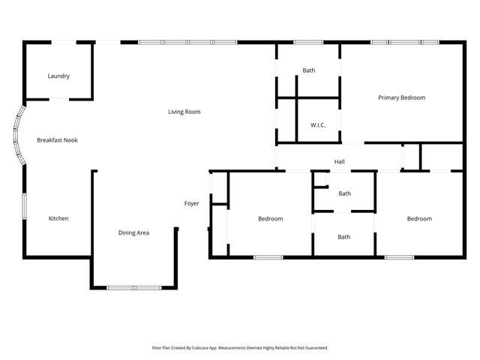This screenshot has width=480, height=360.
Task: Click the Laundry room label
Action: [x=58, y=76]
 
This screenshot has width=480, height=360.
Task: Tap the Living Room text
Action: [x=184, y=112]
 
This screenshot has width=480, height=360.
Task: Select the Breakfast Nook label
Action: [x=58, y=140]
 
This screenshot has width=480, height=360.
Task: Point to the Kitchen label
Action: [x=58, y=218]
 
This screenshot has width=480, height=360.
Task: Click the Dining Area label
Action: [x=133, y=232]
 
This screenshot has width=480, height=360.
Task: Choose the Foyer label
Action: [x=191, y=203]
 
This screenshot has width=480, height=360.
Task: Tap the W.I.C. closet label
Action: [x=317, y=125]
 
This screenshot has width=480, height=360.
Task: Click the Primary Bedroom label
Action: [x=401, y=97]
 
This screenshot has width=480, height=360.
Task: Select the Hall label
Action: [x=339, y=161]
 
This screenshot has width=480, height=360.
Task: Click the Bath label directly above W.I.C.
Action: [x=308, y=70]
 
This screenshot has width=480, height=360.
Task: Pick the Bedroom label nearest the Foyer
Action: [x=270, y=218]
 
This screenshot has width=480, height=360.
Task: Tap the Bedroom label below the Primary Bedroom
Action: [x=419, y=218]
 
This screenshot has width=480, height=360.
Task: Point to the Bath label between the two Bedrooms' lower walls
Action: [x=343, y=237]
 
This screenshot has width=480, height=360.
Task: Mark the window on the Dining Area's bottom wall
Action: [x=133, y=287]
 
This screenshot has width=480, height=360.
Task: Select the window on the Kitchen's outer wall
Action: [x=24, y=205]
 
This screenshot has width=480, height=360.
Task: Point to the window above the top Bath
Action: [x=307, y=42]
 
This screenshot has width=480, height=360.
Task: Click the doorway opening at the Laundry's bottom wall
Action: [x=59, y=99]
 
